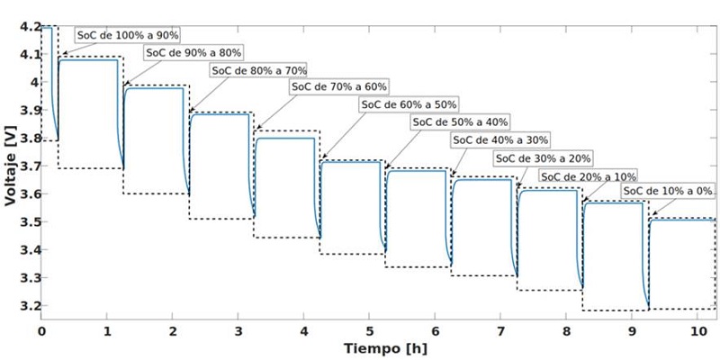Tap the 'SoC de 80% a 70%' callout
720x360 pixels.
(x=258, y=69)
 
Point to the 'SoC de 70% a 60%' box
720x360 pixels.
(x=338, y=87)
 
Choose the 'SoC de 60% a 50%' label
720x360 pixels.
(x=409, y=104)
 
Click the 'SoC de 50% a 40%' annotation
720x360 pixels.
(x=460, y=121)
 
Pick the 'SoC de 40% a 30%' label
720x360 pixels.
(x=499, y=139)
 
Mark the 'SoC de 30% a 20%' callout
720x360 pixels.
(x=542, y=157)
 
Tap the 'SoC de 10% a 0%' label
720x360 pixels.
(x=667, y=192)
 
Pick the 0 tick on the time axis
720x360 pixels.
(x=41, y=330)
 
